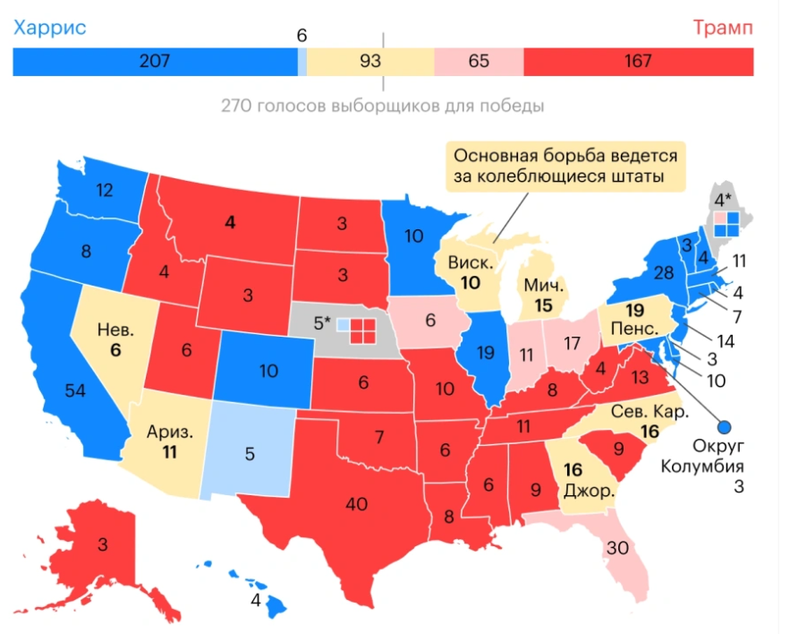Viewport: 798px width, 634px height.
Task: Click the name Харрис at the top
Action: pyautogui.click(x=49, y=28)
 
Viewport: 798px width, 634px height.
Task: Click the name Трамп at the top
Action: pyautogui.click(x=721, y=28)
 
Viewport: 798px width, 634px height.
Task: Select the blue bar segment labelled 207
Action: pyautogui.click(x=154, y=62)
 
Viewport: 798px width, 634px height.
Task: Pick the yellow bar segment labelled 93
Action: pyautogui.click(x=369, y=62)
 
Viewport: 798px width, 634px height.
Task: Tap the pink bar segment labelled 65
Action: pyautogui.click(x=479, y=62)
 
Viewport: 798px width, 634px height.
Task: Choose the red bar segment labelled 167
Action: pyautogui.click(x=637, y=62)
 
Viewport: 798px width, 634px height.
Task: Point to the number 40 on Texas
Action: pyautogui.click(x=356, y=504)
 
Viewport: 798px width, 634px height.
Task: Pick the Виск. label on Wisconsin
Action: pyautogui.click(x=469, y=265)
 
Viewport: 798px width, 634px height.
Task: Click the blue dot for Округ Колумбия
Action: pyautogui.click(x=726, y=428)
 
